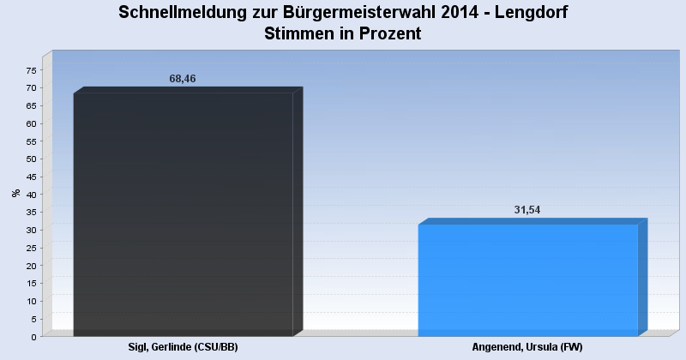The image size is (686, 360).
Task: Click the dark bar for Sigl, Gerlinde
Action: point(184,214)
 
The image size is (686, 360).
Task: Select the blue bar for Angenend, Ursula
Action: point(527,280)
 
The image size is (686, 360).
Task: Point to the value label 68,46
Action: point(183,79)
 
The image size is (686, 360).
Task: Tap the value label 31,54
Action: point(527,210)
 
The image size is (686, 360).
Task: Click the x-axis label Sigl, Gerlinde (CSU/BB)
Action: point(183,347)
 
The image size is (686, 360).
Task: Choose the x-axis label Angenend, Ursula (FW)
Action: point(527,347)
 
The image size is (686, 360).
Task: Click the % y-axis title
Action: point(15,193)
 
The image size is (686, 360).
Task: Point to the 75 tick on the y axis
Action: point(32,70)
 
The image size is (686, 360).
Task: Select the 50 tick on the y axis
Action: point(32,159)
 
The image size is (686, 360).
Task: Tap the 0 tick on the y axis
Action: point(34,337)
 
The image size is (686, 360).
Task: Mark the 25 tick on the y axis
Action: point(32,248)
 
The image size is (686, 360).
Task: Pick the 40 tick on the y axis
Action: point(32,195)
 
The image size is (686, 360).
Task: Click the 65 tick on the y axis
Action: point(32,106)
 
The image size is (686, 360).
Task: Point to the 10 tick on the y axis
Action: point(32,301)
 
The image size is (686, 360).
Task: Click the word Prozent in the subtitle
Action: point(388,34)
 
